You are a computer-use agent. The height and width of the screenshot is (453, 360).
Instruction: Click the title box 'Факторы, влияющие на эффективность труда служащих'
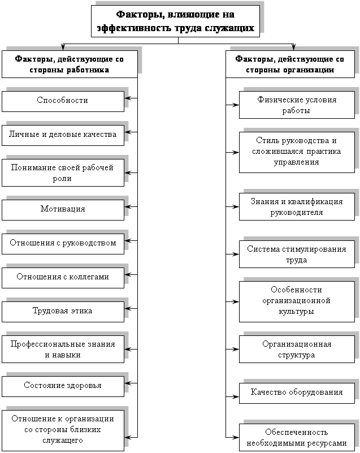[175, 21]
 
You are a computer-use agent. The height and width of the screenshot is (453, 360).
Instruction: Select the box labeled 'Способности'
[63, 101]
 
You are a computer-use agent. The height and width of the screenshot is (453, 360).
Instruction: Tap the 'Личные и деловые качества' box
[63, 135]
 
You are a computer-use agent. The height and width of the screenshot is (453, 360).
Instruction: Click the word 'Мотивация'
[63, 209]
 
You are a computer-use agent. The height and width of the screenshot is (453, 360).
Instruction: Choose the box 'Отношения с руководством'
[63, 244]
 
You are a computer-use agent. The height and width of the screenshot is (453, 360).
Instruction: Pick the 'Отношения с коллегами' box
[63, 278]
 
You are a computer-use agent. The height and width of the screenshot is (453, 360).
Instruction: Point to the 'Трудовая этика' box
[63, 312]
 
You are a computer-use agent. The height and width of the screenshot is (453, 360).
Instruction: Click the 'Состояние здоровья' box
[63, 386]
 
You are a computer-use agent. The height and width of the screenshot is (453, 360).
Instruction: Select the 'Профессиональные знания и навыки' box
[63, 349]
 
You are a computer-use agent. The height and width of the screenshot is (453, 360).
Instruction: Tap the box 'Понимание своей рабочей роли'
[63, 172]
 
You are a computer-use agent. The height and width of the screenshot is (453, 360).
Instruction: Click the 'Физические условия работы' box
[297, 105]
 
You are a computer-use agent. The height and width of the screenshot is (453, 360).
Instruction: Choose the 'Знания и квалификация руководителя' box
[297, 206]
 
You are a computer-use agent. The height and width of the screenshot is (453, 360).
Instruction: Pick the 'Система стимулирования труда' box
[297, 254]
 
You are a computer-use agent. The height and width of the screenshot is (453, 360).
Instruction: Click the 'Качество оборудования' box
[297, 393]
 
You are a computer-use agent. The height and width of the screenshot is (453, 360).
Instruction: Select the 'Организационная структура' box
[297, 349]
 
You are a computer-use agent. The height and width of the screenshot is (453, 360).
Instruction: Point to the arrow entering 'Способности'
[131, 98]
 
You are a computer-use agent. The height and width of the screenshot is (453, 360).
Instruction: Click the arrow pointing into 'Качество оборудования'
[232, 396]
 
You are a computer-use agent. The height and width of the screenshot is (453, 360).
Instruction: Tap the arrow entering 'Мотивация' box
[131, 207]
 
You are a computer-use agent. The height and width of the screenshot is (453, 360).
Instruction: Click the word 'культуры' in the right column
[296, 312]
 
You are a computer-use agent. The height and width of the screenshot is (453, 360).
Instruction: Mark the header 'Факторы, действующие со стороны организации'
[290, 64]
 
